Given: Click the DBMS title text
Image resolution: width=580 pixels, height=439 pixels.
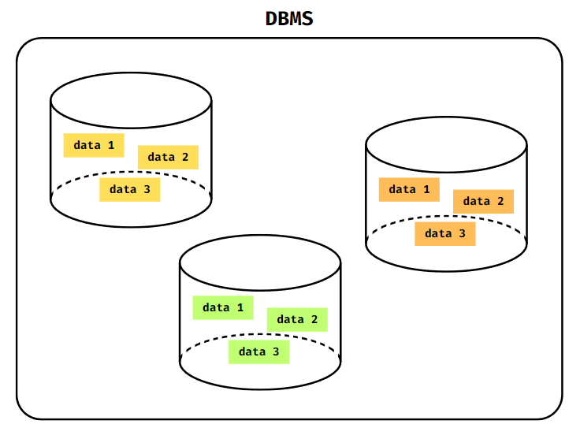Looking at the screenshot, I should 289,19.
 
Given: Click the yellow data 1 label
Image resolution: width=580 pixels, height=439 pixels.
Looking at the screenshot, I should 94,145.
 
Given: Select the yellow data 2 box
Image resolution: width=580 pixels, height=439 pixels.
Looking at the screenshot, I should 168,157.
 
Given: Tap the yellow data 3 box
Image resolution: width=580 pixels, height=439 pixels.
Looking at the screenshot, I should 130,189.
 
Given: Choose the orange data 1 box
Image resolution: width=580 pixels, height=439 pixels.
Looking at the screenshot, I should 409,189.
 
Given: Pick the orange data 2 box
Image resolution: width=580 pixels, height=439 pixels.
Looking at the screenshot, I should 483,201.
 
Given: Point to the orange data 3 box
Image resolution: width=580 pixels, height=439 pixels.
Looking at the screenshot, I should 445,233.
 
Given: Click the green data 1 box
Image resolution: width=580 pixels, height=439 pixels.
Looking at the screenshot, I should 223,307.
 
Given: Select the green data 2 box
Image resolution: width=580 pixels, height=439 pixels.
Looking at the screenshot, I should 297,319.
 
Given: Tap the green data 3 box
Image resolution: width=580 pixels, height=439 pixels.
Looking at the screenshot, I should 259,352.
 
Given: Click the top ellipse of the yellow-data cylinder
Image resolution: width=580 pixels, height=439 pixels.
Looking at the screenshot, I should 131,100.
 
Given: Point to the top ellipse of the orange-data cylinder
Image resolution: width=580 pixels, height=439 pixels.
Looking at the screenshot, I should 446,144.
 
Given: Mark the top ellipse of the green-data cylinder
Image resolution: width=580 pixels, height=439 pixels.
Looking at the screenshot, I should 260,262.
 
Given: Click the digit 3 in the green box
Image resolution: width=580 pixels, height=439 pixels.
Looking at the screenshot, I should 276,352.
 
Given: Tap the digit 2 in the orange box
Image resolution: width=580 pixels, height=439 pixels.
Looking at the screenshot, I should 500,201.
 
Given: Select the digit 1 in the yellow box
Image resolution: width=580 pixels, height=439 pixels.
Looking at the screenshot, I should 110,145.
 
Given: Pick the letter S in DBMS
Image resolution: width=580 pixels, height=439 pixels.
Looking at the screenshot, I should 307,19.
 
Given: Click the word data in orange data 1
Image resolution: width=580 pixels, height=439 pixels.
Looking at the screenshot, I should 402,189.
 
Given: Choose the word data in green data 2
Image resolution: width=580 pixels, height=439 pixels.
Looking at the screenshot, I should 290,319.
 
